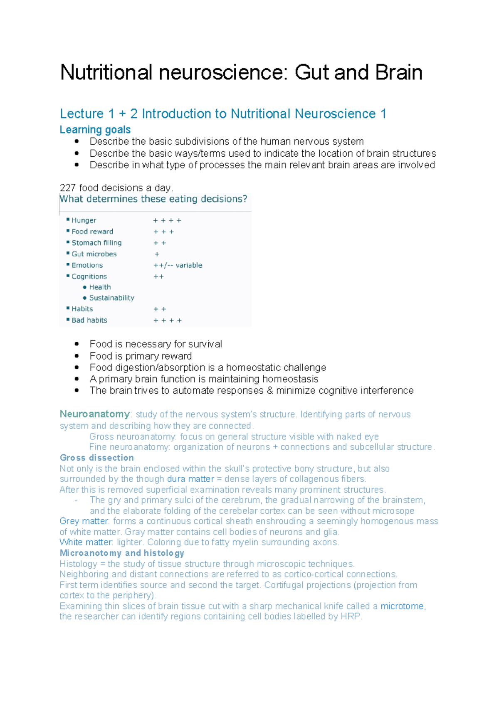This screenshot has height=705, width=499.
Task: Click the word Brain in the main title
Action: coord(399,73)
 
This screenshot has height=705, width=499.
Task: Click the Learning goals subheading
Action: coord(95,130)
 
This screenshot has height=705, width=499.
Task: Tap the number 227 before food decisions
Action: coord(68,188)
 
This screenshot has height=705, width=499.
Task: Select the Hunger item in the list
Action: coord(84,220)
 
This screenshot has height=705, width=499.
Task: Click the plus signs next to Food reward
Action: coord(163,232)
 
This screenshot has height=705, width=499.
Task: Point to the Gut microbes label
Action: coord(94,254)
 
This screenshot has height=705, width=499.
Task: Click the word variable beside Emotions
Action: coord(189,265)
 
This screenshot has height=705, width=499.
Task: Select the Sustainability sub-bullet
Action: coord(111,298)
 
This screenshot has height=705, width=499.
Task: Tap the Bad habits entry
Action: coord(89,320)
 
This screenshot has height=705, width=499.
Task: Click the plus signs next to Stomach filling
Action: coord(160,243)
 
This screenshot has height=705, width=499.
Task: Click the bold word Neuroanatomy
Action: coord(95,414)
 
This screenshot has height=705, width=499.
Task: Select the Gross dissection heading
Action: coord(97,458)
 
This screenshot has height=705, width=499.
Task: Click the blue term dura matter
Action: coord(190,479)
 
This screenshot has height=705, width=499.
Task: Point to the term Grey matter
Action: coord(84,521)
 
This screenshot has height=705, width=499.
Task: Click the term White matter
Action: coord(86,542)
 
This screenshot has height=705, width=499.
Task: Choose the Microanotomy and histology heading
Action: coord(122,553)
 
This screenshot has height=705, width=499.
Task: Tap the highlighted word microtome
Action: coord(402,606)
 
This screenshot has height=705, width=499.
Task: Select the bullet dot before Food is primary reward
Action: coord(77,356)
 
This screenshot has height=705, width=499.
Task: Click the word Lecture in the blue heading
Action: coord(82,114)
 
